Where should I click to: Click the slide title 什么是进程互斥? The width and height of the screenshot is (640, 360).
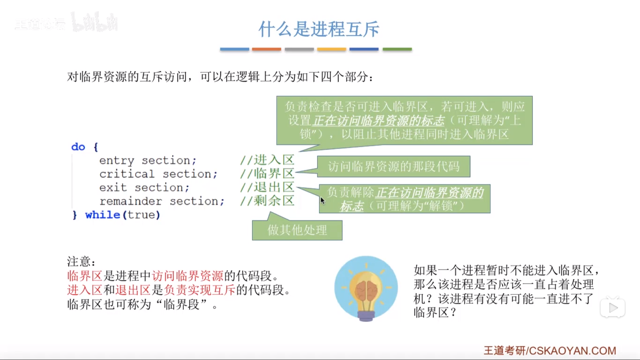click(x=319, y=29)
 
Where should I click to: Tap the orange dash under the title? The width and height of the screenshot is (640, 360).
click(x=266, y=49)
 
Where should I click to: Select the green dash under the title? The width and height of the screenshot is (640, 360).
click(x=397, y=49)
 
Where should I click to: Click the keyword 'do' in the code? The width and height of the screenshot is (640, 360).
click(x=78, y=147)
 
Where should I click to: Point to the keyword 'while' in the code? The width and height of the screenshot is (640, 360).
click(x=103, y=215)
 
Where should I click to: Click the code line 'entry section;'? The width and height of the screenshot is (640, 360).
click(x=148, y=160)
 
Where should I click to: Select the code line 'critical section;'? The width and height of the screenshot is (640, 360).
click(x=158, y=174)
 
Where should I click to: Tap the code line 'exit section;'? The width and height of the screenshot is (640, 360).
click(x=144, y=188)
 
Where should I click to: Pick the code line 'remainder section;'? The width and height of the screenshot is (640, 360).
click(x=162, y=201)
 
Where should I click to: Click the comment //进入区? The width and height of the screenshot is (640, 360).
click(x=267, y=160)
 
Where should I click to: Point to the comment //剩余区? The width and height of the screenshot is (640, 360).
click(x=267, y=201)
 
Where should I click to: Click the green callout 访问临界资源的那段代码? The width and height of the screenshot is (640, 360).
click(x=394, y=166)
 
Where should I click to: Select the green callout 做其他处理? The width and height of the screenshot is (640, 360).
click(x=297, y=230)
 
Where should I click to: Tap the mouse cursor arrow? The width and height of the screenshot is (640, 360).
click(x=322, y=200)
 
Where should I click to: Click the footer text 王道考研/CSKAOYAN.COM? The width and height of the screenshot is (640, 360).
click(x=550, y=351)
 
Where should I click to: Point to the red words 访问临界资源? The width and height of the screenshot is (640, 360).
click(x=188, y=276)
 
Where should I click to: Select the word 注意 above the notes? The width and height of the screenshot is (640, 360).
click(x=79, y=262)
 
